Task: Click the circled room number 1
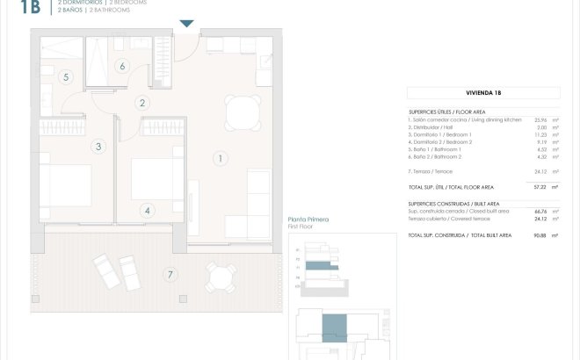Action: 220,158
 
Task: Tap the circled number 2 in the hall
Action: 142,104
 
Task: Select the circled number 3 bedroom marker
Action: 98,147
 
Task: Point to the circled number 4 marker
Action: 148,210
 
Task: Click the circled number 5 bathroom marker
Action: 65,77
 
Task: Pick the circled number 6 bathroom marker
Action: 122,66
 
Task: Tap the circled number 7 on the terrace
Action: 170,274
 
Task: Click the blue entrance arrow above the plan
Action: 186,25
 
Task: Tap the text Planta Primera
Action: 308,220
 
